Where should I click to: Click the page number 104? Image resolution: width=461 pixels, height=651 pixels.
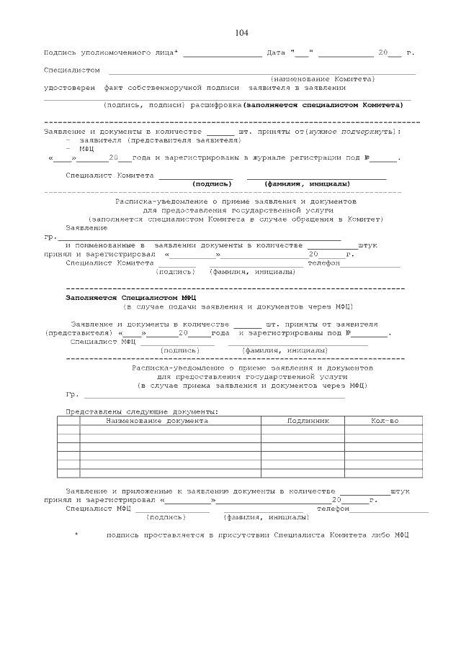point(241,33)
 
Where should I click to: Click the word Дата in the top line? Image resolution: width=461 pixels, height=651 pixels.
point(277,53)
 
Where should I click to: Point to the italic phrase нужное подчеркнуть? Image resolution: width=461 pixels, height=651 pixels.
point(349,132)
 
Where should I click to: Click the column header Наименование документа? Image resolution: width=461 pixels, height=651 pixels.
point(157,420)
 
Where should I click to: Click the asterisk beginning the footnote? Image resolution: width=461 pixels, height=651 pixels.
point(76,535)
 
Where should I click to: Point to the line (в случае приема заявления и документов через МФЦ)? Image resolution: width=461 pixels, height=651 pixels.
point(252,386)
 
